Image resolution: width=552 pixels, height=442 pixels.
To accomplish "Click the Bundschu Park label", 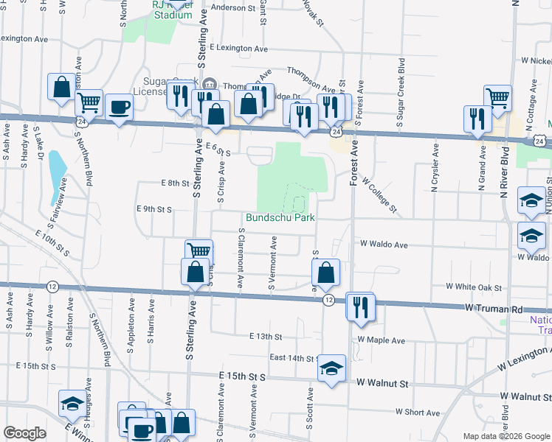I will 280,217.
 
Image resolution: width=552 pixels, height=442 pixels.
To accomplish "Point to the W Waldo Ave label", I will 384,244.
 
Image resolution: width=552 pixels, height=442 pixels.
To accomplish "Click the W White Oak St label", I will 474,287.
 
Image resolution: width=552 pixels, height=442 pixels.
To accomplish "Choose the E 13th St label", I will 266,337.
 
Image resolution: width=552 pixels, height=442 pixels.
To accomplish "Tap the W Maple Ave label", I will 381,340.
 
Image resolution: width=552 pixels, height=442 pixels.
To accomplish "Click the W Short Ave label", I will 418,413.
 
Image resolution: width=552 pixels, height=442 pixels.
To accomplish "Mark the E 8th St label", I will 174,183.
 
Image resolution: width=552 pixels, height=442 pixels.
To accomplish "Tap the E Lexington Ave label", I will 238,48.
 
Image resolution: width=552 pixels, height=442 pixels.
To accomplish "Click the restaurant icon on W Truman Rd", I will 360,306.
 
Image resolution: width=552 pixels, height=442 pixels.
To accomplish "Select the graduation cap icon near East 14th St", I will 332,368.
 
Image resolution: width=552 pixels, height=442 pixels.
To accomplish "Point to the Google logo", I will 24,433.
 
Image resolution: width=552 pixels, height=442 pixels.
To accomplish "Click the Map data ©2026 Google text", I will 506,436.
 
